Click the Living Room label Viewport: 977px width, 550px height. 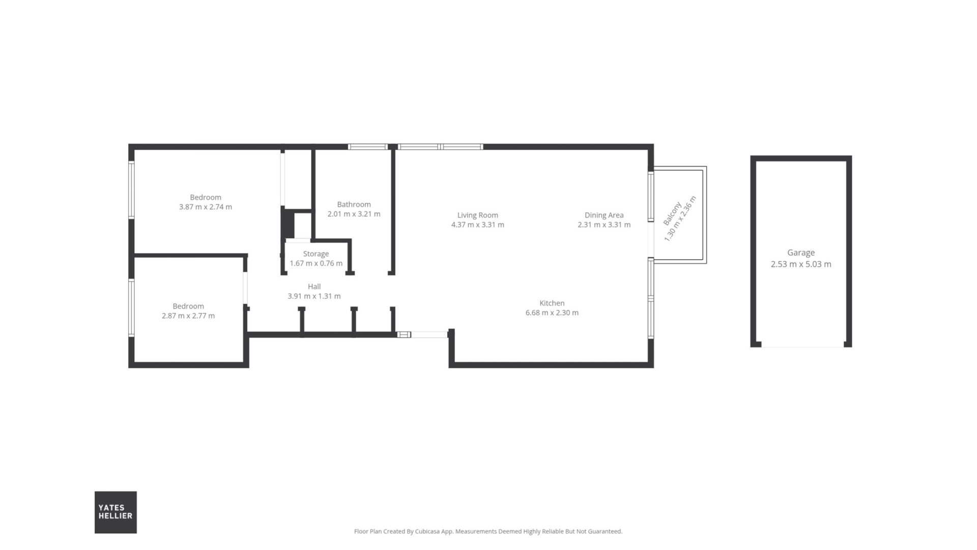point(477,215)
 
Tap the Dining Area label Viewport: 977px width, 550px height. point(604,215)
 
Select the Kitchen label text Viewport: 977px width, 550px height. point(552,303)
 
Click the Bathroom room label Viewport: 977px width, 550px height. point(354,204)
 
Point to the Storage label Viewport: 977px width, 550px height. point(316,254)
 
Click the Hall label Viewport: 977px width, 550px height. point(314,286)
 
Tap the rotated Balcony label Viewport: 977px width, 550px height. point(672,214)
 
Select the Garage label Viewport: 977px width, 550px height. point(801,253)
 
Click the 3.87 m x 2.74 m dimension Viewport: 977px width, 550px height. point(206,207)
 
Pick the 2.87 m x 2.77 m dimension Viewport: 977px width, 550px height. point(188,316)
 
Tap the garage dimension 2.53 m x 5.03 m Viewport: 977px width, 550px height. point(801,264)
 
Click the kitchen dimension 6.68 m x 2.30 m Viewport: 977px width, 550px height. point(552,313)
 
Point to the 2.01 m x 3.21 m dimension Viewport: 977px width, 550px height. point(354,214)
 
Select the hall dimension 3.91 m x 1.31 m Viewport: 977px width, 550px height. point(314,296)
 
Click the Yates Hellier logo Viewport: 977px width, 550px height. point(116,512)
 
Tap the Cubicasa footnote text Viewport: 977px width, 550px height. point(488,531)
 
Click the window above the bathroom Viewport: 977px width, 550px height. point(368,147)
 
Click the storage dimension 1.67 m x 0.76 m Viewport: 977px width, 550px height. point(316,263)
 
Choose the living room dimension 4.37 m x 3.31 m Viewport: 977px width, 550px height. point(477,225)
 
